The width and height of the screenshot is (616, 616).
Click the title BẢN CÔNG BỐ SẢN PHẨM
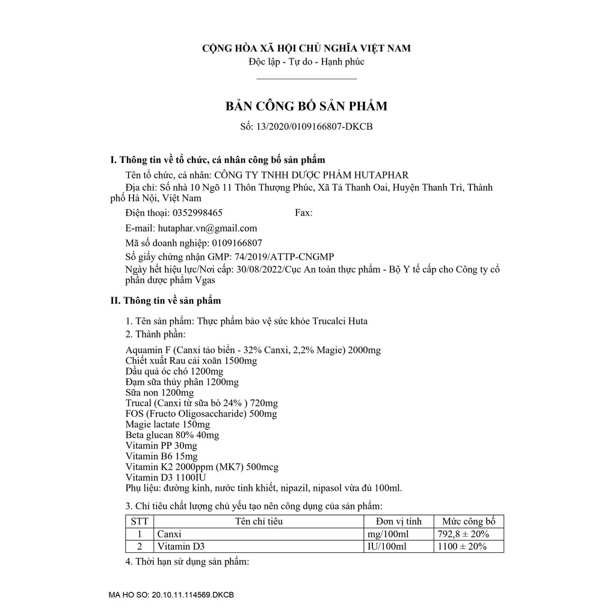coord(306,106)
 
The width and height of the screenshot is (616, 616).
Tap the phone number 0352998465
coord(197,213)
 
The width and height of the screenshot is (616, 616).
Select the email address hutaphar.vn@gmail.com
coord(207,228)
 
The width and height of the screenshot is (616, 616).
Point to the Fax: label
coord(304,213)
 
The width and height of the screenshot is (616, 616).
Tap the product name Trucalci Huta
coord(341,321)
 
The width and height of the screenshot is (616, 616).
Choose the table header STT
coord(140,522)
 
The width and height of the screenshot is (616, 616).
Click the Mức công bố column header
coord(469,522)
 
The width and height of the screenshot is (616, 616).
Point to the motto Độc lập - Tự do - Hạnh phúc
coord(306,61)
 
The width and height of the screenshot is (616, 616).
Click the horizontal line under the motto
coord(306,78)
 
